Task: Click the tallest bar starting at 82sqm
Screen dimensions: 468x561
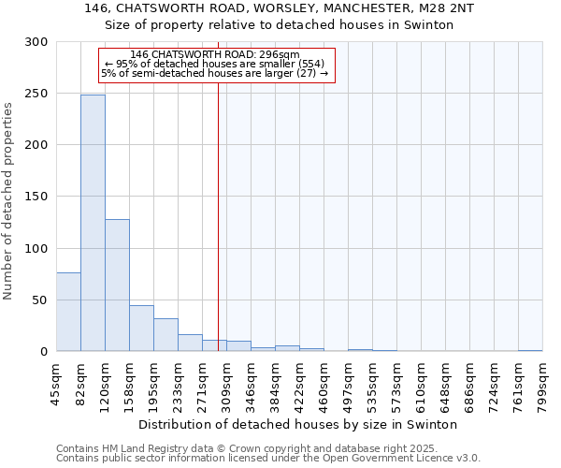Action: pyautogui.click(x=93, y=223)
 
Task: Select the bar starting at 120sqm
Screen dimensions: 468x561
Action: pyautogui.click(x=117, y=285)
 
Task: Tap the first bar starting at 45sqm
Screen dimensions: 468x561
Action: pyautogui.click(x=68, y=312)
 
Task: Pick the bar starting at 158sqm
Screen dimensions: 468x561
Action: pyautogui.click(x=141, y=329)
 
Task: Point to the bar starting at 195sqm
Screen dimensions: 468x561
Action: pyautogui.click(x=165, y=335)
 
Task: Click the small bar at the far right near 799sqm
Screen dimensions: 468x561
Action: pyautogui.click(x=530, y=350)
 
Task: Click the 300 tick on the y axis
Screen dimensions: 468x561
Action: pyautogui.click(x=37, y=42)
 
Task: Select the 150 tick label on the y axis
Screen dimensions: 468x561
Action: pyautogui.click(x=37, y=197)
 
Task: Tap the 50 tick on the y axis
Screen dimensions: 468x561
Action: pyautogui.click(x=41, y=300)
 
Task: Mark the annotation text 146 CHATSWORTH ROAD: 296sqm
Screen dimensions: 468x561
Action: pyautogui.click(x=215, y=54)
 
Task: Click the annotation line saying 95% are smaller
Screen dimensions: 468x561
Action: pyautogui.click(x=215, y=64)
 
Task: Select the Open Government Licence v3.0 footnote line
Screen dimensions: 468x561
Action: pyautogui.click(x=268, y=459)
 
